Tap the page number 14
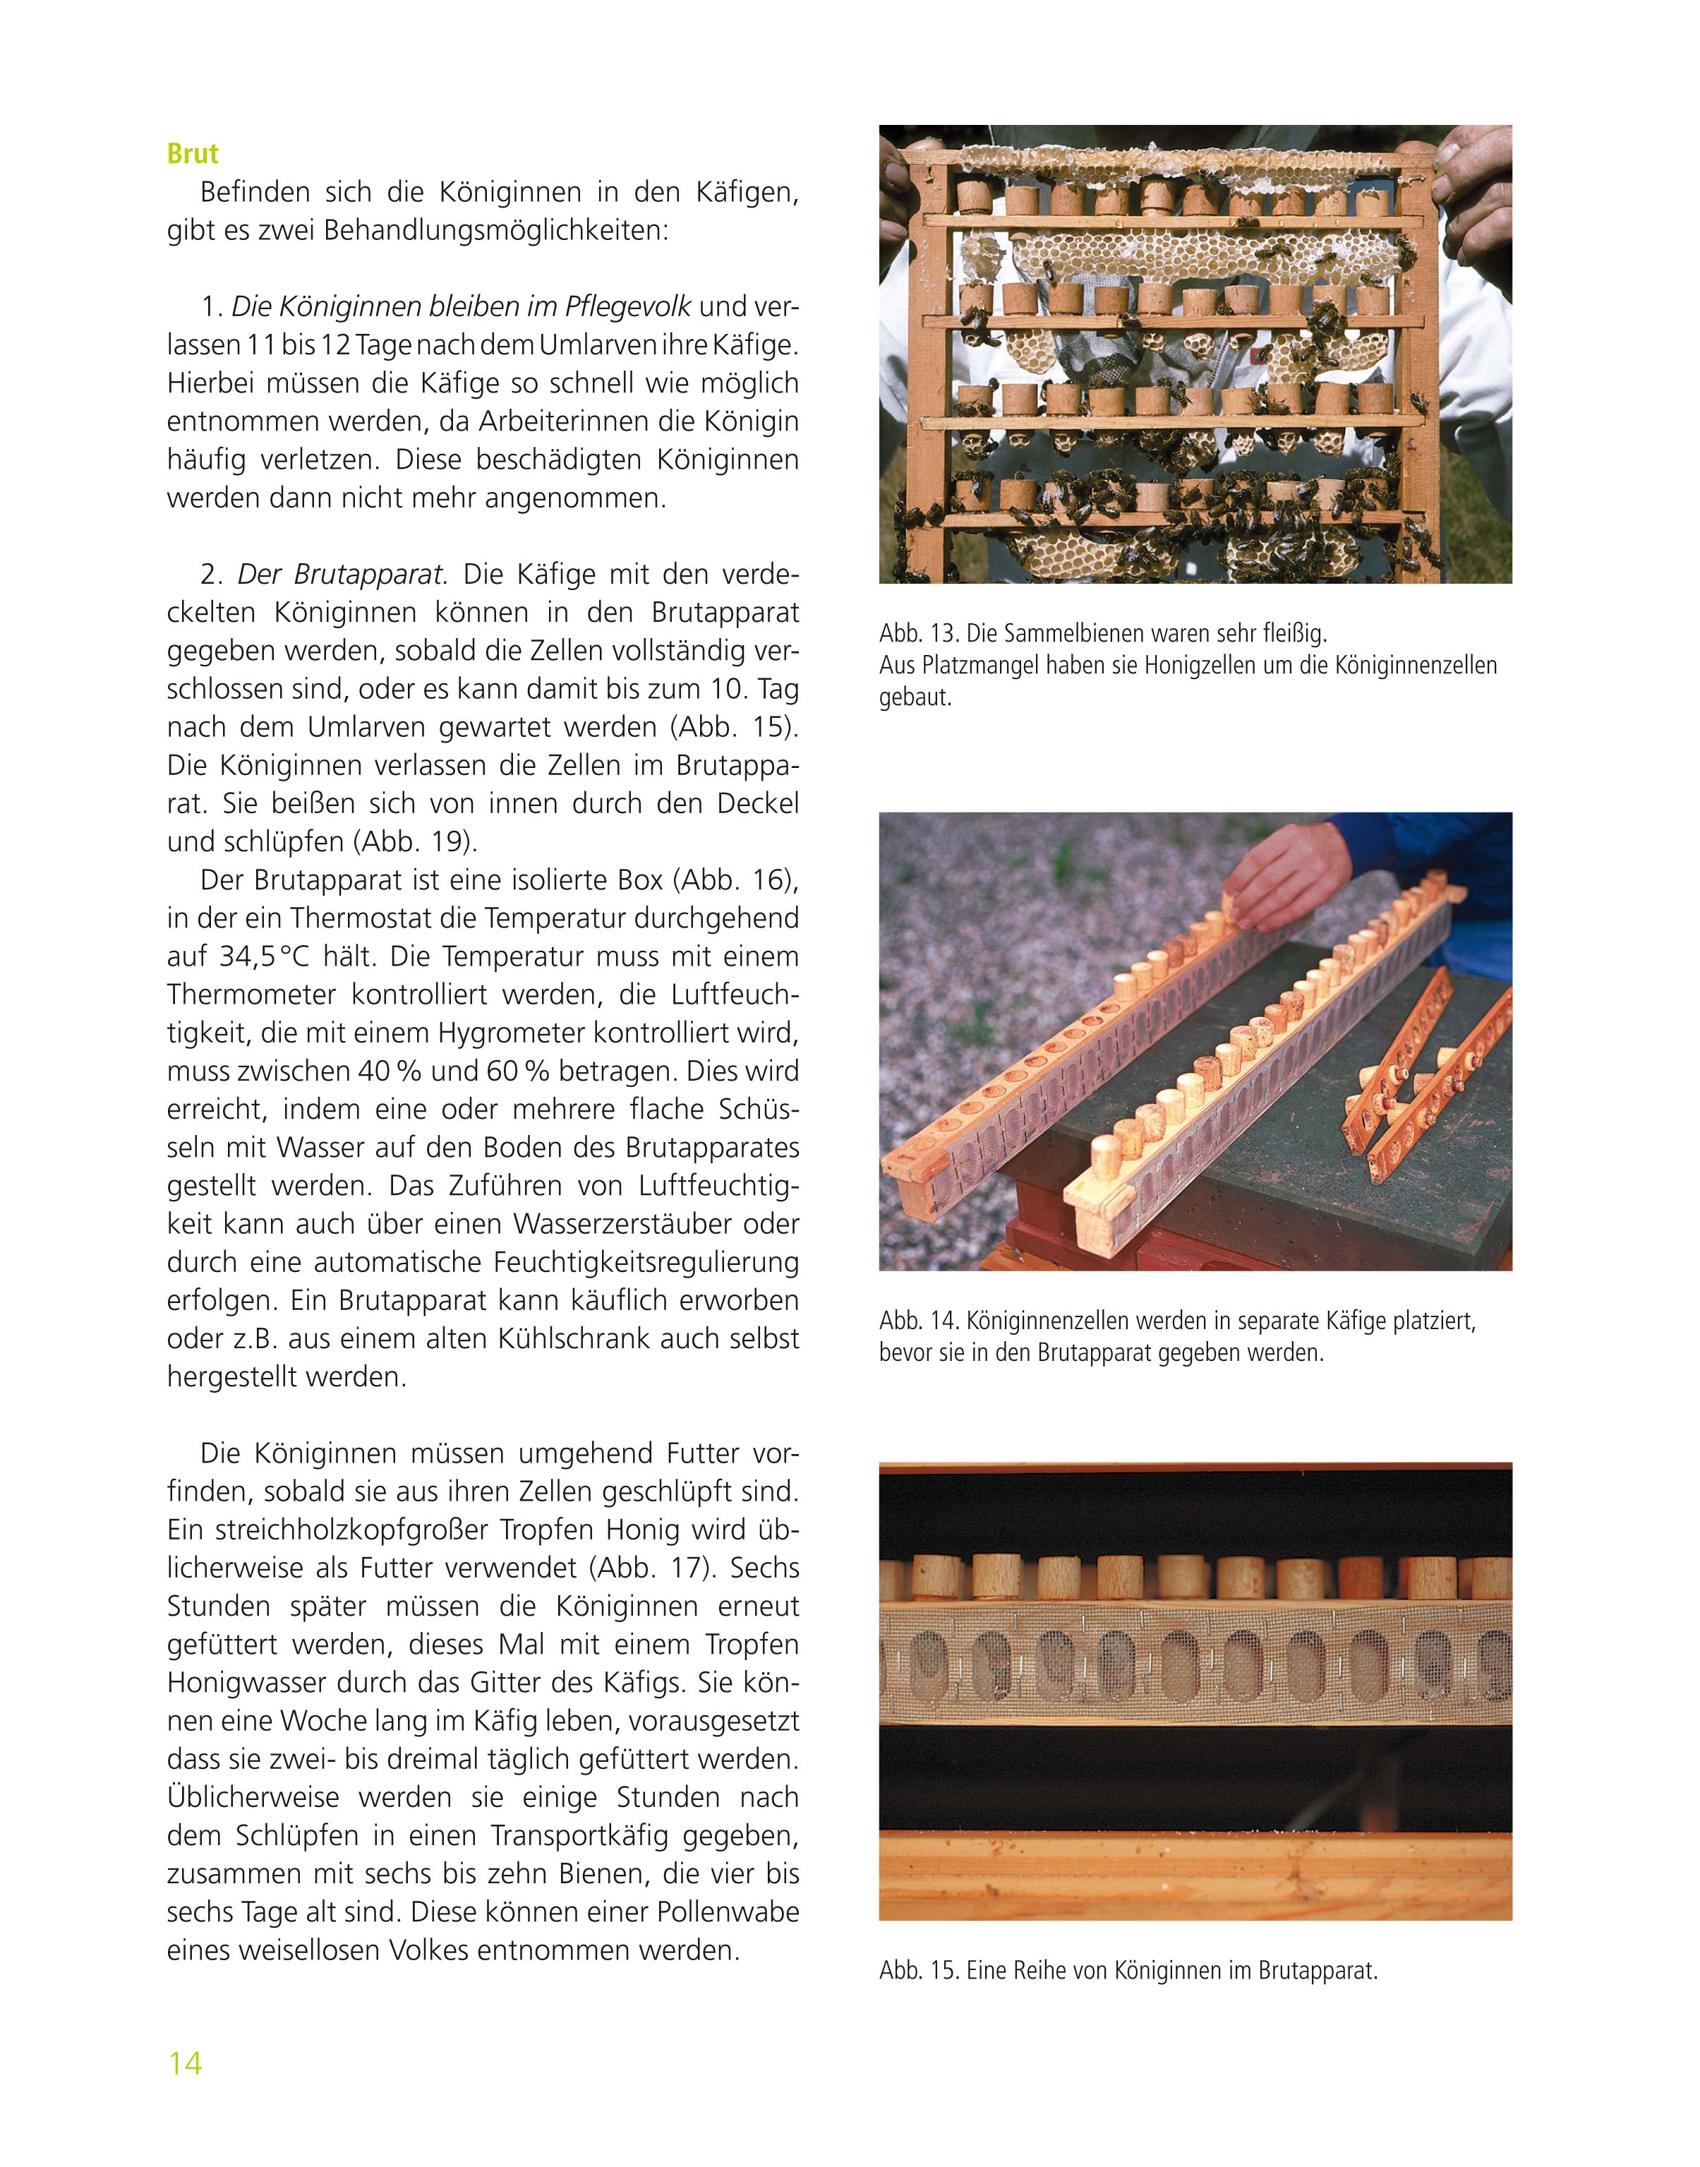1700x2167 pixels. [185, 2063]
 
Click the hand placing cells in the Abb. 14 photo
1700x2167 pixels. [1284, 876]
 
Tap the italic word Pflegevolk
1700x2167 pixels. [627, 306]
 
